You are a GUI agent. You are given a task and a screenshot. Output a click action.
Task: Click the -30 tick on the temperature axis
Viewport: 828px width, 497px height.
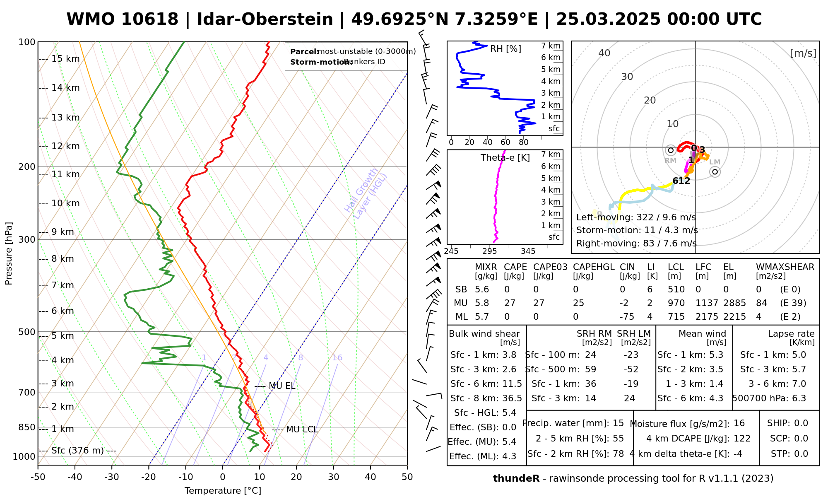click(112, 477)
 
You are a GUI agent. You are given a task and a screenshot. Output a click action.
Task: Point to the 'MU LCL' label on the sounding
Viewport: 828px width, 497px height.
click(302, 429)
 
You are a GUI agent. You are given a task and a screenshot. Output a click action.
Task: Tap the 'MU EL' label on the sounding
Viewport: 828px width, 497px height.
click(282, 386)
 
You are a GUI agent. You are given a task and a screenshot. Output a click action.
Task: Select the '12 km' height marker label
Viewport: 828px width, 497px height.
click(65, 146)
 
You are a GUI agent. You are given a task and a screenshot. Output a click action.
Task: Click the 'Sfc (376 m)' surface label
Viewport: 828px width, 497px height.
click(77, 451)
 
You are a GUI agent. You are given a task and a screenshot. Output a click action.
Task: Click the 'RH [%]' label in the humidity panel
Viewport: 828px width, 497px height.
click(505, 49)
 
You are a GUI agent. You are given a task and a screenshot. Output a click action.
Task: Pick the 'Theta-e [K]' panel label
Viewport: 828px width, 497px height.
click(505, 158)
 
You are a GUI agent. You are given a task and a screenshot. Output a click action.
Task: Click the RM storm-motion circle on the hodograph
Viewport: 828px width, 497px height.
click(671, 150)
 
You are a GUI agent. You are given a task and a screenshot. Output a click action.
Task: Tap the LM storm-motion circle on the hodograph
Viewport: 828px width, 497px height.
click(715, 172)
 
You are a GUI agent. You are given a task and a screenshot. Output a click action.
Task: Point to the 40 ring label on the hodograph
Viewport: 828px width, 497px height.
click(604, 53)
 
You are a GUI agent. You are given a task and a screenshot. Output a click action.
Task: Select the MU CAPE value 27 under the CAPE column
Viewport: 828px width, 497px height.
click(510, 303)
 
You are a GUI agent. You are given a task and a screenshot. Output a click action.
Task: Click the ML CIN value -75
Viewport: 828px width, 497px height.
click(627, 317)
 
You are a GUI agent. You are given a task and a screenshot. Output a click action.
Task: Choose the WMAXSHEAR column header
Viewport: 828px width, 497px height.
click(785, 267)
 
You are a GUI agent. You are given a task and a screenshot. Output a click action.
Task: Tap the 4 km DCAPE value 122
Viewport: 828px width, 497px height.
click(742, 439)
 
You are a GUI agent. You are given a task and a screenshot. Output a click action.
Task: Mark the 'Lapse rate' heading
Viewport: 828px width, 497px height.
click(791, 334)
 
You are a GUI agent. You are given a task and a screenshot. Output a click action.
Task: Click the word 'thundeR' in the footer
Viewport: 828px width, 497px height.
click(516, 479)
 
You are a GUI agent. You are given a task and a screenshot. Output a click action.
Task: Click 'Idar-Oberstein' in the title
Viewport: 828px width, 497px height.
click(265, 19)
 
